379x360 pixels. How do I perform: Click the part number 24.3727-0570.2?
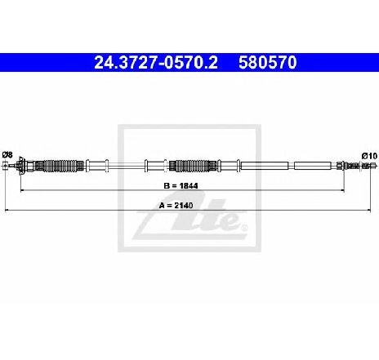[156, 62]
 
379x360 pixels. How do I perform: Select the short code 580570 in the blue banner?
[268, 62]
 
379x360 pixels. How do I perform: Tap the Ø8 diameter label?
[7, 155]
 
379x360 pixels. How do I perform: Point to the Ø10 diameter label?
[369, 156]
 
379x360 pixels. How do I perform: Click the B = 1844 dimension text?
[181, 185]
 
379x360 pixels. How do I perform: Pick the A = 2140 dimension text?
[176, 206]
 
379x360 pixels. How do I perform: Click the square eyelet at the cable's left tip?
[6, 166]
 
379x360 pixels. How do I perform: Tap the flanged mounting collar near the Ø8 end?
[20, 166]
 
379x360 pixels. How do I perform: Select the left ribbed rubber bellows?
[60, 166]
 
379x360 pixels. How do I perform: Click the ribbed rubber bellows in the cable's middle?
[193, 166]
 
